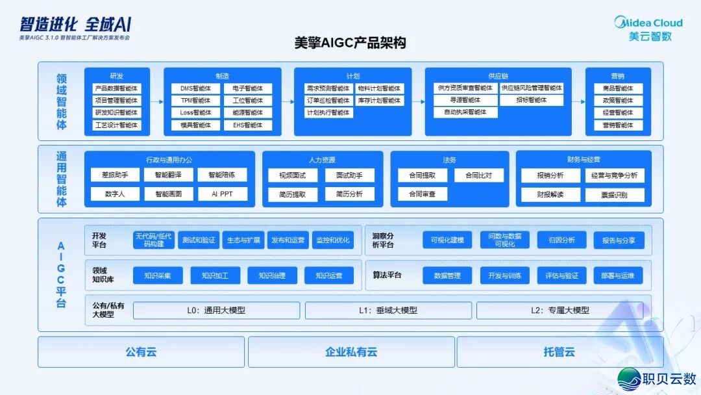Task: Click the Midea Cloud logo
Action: coord(648,29)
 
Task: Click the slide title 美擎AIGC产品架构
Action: coord(350,44)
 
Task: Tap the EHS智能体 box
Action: coord(247,125)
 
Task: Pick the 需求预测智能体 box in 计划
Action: coord(328,88)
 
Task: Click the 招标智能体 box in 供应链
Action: coord(531,101)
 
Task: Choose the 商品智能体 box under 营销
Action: coord(618,88)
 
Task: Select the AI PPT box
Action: coord(222,194)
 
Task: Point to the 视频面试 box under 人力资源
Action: coord(292,175)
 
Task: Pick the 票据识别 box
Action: coord(614,194)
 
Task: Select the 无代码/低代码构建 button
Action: coord(154,240)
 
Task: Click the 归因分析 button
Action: coord(561,240)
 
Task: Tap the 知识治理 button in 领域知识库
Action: coord(272,275)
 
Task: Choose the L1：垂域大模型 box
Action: coord(387,311)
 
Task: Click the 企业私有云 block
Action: coord(350,352)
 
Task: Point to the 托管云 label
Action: coord(559,352)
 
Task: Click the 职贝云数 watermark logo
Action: coord(658,378)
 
